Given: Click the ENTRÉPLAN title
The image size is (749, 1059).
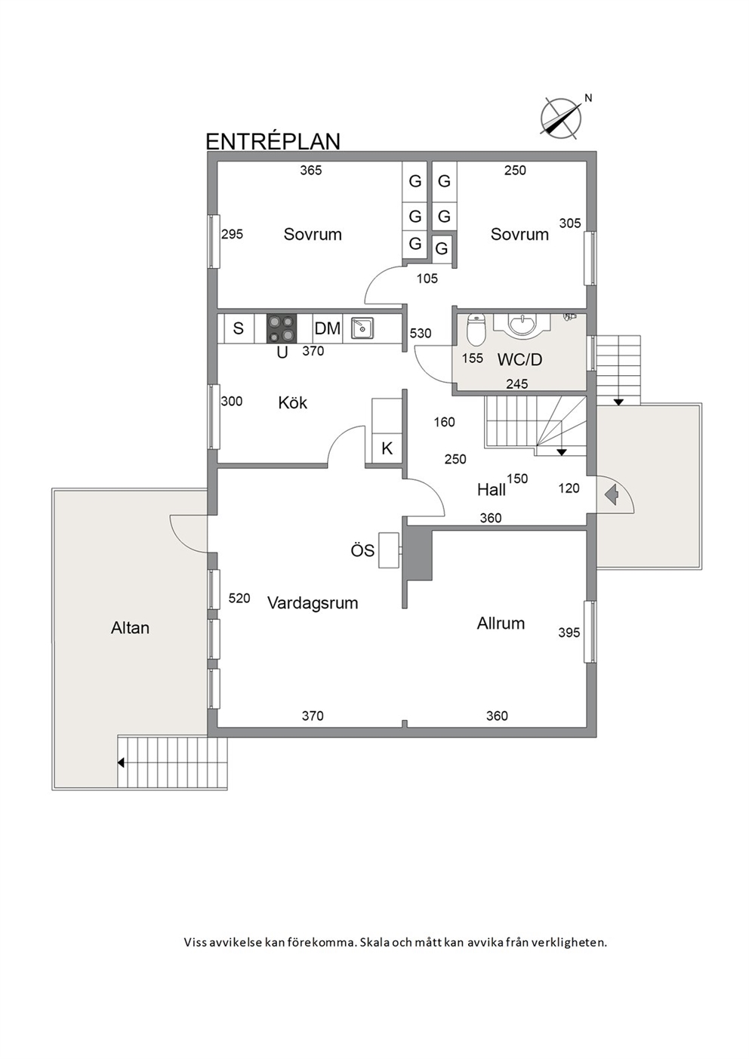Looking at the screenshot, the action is tap(273, 141).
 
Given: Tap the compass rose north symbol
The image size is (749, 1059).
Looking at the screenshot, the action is tap(562, 119).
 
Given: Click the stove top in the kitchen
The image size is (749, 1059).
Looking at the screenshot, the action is tap(282, 328).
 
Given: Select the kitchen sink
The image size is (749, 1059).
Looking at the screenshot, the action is tap(362, 328).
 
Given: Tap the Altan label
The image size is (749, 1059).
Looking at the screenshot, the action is tap(130, 628).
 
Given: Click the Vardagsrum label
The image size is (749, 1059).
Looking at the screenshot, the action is tap(313, 603).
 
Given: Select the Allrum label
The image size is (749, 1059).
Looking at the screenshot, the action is tap(501, 623).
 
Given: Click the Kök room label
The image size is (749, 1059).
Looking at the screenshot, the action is tap(293, 403).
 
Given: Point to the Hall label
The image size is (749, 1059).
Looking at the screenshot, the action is tap(492, 490).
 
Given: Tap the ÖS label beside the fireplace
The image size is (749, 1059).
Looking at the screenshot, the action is tap(362, 550).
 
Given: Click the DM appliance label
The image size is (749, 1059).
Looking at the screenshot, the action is tap(327, 328).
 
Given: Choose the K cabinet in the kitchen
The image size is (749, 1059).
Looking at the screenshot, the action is tap(387, 448).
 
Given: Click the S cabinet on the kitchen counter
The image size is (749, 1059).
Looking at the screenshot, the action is tap(239, 328).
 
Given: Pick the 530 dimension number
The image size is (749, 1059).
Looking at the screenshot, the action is tap(421, 334).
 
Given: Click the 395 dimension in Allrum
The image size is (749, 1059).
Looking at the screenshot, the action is tap(569, 632).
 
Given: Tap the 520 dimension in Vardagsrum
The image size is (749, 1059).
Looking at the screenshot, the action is tap(239, 598).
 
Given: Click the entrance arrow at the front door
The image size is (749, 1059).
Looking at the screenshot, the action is tap(611, 494).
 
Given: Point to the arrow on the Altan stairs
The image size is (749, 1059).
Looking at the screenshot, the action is tap(121, 762).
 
